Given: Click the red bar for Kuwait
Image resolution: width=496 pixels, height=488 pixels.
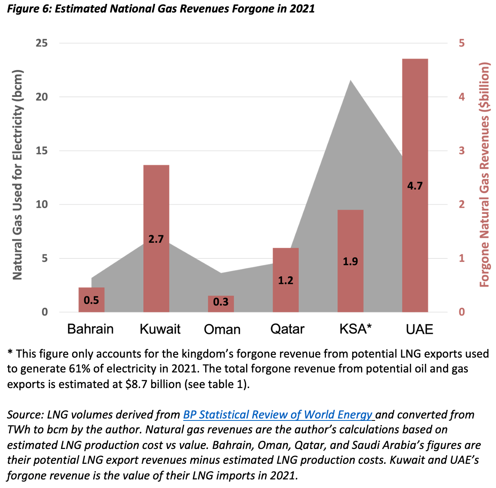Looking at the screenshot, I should click(x=156, y=203).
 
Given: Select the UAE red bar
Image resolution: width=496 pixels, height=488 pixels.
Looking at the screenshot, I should click(x=415, y=117).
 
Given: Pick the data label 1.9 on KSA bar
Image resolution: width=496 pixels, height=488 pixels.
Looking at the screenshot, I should click(x=350, y=261).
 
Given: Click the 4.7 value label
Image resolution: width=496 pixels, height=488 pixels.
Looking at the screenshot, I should click(x=415, y=186).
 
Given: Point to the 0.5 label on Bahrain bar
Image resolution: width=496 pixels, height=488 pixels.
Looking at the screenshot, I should click(x=91, y=300).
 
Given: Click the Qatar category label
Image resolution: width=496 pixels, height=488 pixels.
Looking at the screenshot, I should click(x=287, y=329).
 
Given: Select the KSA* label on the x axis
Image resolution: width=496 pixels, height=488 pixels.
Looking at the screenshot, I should click(x=355, y=329).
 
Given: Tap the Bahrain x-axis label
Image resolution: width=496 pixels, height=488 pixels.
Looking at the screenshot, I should click(x=90, y=329).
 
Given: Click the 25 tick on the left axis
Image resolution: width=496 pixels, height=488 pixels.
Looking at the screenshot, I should click(x=42, y=43).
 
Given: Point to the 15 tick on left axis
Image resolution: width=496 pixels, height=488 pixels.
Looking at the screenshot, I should click(x=42, y=151).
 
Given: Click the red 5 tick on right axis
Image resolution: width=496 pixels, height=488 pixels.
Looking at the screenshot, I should click(x=462, y=43).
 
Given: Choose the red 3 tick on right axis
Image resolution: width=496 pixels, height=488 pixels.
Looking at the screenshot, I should click(x=462, y=151).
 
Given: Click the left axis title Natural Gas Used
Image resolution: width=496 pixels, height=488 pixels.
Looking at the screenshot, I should click(x=18, y=175).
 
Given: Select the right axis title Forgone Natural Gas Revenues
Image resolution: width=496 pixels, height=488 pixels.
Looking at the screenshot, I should click(x=484, y=175).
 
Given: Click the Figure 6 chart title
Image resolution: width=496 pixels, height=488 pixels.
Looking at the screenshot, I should click(x=161, y=9).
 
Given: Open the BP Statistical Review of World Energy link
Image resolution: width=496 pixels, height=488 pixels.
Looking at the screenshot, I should click(x=278, y=415).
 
